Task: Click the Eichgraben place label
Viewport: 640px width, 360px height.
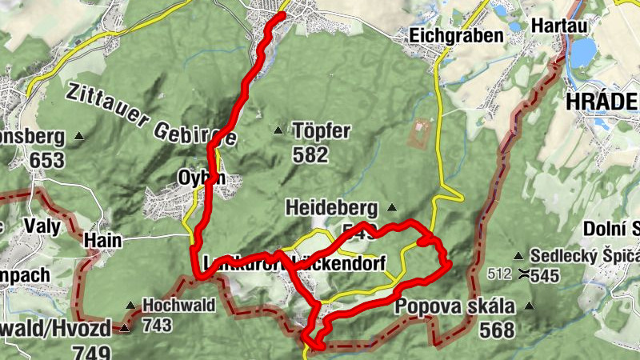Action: click(x=456, y=35)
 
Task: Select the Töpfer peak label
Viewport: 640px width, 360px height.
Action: click(x=322, y=130)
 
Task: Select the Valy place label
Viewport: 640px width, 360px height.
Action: click(x=42, y=226)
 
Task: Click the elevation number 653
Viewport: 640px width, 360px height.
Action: click(x=46, y=160)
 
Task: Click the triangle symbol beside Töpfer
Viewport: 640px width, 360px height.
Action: click(x=278, y=130)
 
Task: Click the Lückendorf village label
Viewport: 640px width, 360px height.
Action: click(x=339, y=262)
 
